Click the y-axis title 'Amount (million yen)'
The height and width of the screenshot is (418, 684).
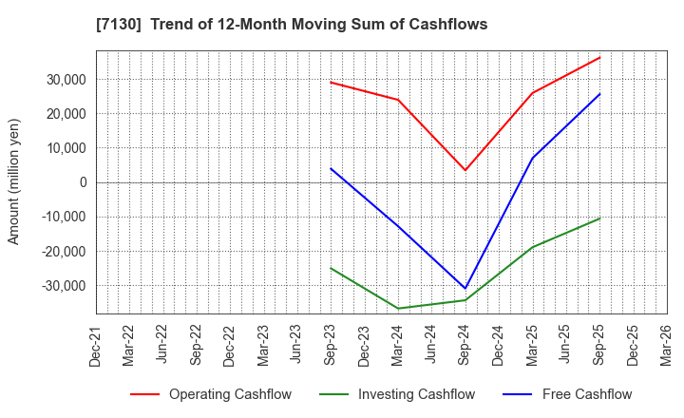[x=13, y=181]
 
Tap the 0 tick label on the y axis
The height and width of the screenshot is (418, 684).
[x=83, y=182]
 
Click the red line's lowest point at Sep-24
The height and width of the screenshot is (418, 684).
[x=465, y=171]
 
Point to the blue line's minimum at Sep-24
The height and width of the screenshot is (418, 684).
[x=465, y=288]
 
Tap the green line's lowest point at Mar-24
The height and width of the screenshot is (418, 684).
[x=398, y=309]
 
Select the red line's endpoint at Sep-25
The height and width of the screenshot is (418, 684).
[x=599, y=57]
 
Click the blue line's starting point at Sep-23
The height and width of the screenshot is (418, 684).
[x=331, y=168]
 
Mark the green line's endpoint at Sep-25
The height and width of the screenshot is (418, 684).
[x=599, y=218]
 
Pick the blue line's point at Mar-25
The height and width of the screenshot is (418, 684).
[x=532, y=159]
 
